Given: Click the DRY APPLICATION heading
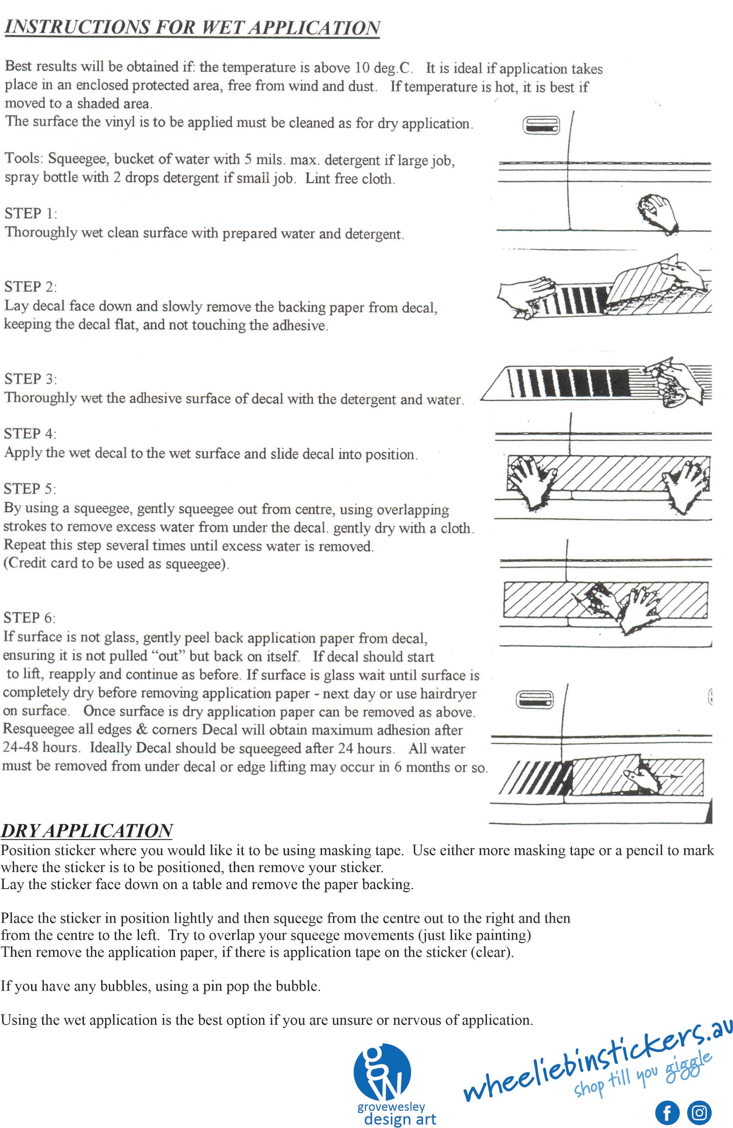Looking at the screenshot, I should pos(86,831).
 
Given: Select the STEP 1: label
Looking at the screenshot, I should pos(31,214).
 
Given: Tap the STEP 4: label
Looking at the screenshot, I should pos(30,434).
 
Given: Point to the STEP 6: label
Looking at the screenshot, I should pos(30,618).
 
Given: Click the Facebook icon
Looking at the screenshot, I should pos(667,1112).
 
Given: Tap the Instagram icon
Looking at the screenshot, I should pos(699,1112).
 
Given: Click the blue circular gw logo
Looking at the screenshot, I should pos(382,1072).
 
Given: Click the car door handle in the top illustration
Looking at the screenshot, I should pos(541,126).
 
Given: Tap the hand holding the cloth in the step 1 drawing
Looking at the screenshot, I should pos(658,211).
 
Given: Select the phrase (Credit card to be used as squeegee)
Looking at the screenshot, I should pos(116,564).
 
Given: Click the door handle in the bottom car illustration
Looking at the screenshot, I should pos(535,700).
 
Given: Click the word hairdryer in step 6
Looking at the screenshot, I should pos(448,693).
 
